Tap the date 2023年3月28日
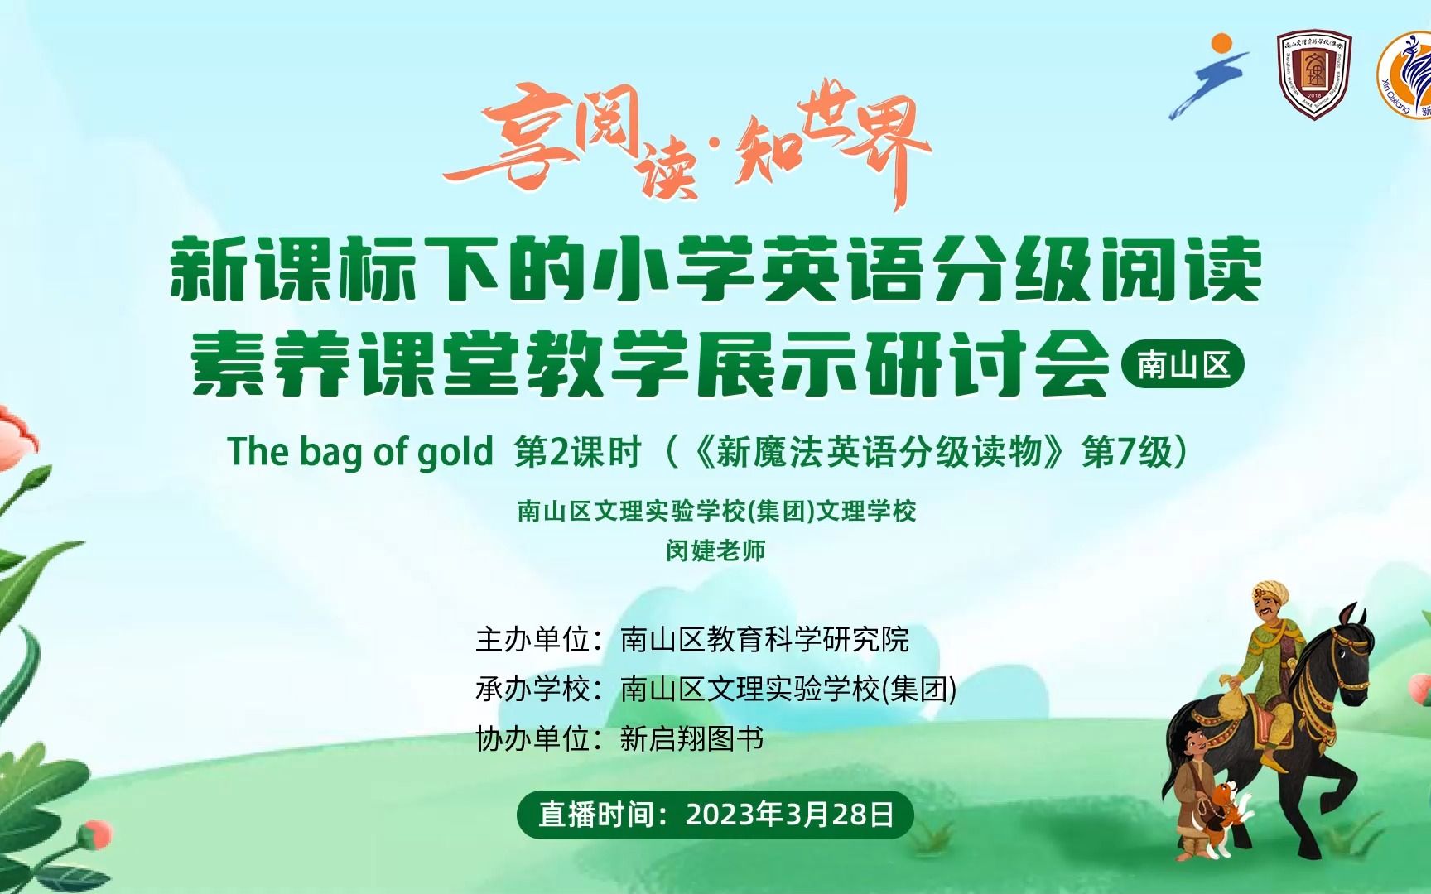pos(790,815)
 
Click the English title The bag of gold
pos(360,453)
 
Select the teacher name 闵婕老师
pos(715,550)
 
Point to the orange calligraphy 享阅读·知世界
pos(687,147)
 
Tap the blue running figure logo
pos(1210,77)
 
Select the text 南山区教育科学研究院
pos(764,640)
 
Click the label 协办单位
pos(532,738)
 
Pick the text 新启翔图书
pos(691,738)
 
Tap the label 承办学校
pos(532,689)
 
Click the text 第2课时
pos(578,453)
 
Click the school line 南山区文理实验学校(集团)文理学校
pos(716,511)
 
